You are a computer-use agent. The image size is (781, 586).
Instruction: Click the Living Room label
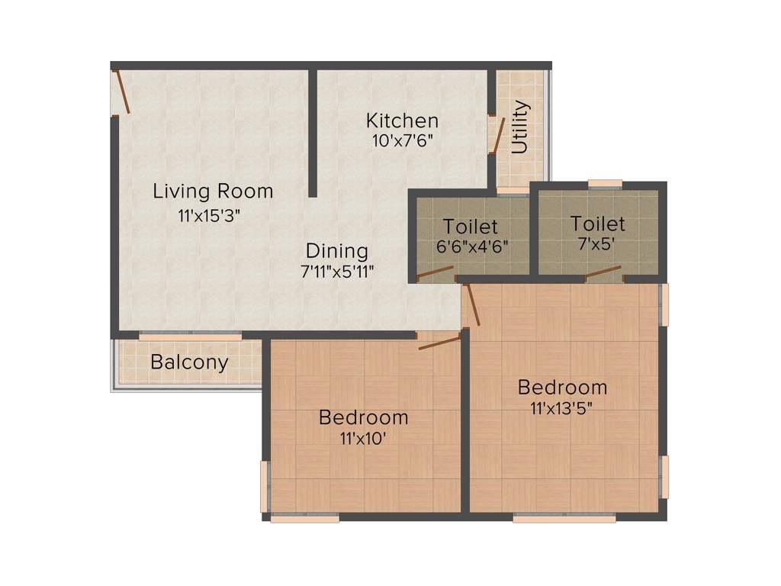click(213, 191)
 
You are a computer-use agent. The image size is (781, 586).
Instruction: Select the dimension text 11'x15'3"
click(209, 215)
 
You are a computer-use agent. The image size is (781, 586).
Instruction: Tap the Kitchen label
click(402, 121)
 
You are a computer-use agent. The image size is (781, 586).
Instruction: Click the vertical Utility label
click(520, 127)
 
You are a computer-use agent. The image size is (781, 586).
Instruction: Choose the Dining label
click(337, 250)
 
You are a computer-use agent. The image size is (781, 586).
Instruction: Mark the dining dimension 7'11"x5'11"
click(337, 271)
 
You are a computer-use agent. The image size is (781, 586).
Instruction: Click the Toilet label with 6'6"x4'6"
click(471, 227)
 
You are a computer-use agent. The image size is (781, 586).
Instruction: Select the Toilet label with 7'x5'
click(597, 224)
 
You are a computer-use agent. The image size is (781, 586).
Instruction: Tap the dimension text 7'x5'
click(597, 245)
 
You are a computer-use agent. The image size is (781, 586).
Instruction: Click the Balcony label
click(189, 362)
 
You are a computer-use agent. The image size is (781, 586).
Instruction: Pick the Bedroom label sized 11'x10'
click(363, 417)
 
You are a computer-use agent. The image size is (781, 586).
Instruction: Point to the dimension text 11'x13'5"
click(562, 407)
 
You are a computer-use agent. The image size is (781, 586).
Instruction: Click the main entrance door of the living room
click(121, 92)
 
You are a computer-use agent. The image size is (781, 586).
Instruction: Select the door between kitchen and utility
click(497, 136)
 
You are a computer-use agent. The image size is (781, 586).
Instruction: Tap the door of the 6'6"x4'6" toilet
click(435, 272)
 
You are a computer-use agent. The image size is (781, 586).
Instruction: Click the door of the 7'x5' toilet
click(603, 272)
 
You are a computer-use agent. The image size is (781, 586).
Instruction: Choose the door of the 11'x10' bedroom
click(440, 341)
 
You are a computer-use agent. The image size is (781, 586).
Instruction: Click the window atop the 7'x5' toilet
click(605, 183)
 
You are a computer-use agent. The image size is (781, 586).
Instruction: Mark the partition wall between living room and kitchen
click(313, 134)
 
